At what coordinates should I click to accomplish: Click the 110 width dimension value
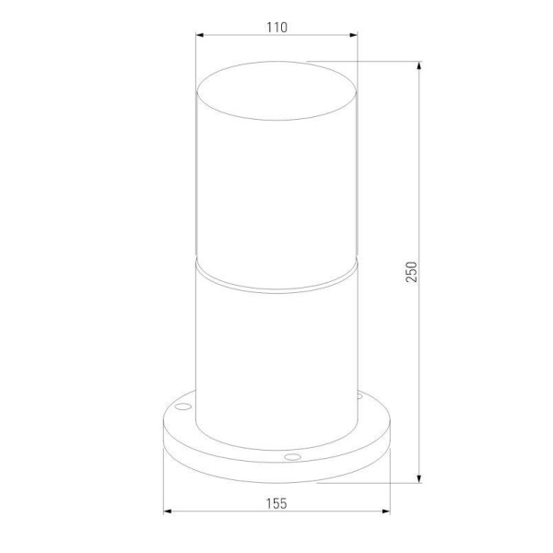click(276, 27)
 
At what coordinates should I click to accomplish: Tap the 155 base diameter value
click(276, 503)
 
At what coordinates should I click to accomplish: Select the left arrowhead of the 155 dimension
click(167, 512)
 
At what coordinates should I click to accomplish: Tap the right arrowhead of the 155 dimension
click(386, 512)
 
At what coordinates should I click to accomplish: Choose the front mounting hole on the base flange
click(292, 455)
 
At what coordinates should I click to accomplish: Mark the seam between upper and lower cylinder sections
click(276, 276)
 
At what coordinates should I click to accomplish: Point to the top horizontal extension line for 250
click(369, 63)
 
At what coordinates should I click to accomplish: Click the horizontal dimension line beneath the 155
click(221, 512)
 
